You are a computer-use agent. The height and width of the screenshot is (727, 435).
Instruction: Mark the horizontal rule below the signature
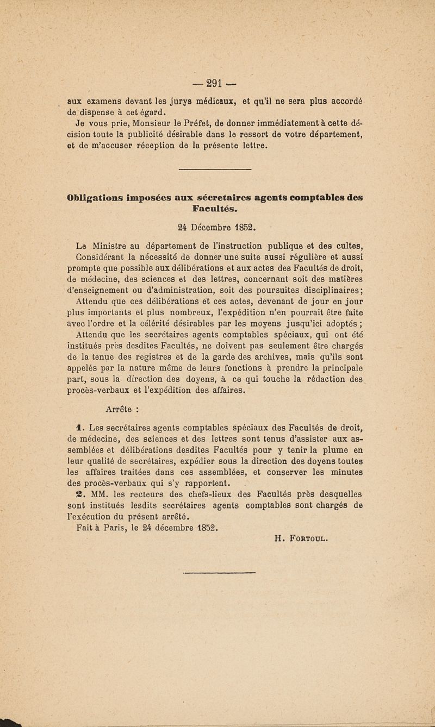click(219, 572)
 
